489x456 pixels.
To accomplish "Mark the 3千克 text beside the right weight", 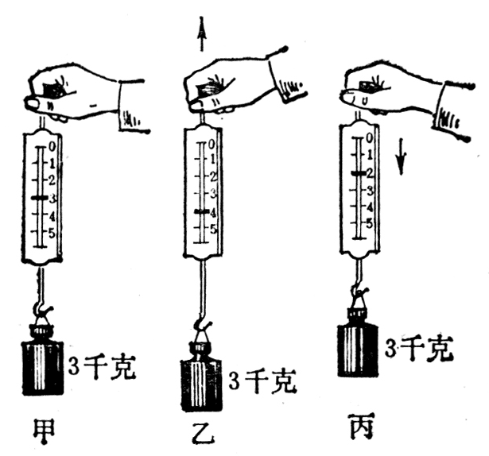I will [x=417, y=348].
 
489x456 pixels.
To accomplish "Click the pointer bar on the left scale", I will [x=39, y=197].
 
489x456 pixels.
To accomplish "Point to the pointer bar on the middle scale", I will [x=201, y=212].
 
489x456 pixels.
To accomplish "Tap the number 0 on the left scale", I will [x=52, y=145].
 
